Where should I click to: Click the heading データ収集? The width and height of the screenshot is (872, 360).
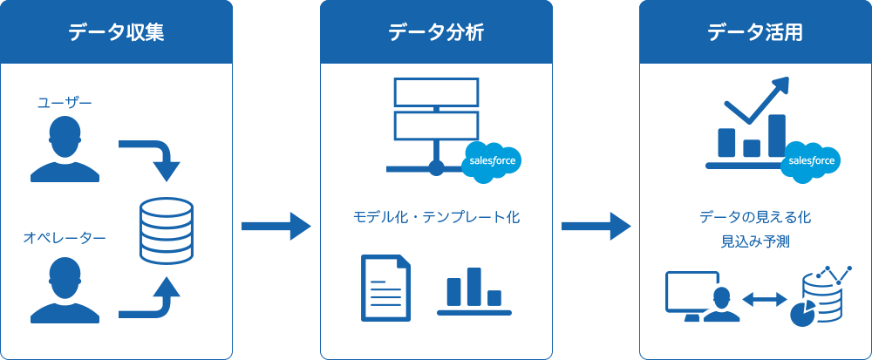click(116, 33)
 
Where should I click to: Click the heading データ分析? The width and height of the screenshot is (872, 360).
click(436, 33)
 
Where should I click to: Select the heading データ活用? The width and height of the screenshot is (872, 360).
click(755, 33)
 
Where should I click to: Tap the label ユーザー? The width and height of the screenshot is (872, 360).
click(64, 103)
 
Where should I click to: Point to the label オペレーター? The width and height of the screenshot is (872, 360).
click(64, 237)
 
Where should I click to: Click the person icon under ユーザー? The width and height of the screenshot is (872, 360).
click(64, 149)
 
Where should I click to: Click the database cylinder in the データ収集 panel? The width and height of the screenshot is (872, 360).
click(167, 231)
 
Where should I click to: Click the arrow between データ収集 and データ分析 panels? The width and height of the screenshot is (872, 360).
click(276, 227)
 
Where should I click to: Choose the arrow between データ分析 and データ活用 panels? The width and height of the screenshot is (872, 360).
click(596, 227)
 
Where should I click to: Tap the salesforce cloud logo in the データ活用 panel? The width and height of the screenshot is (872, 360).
click(812, 161)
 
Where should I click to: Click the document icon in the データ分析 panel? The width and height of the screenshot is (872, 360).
click(385, 288)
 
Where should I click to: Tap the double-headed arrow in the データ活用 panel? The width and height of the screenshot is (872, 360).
click(764, 299)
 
